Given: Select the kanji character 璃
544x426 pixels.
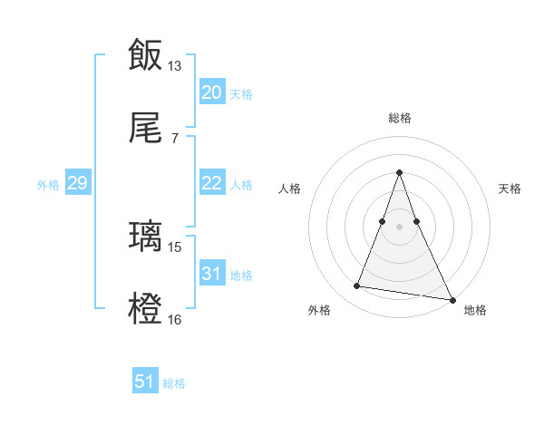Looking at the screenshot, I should coord(146,237).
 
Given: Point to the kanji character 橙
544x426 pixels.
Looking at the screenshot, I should coord(146,308).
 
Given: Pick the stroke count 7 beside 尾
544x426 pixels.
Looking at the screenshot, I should coord(175,138).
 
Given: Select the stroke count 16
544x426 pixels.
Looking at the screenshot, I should coord(175,319).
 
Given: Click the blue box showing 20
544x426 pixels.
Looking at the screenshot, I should coord(211,92).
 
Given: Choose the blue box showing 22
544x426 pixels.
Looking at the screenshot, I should coord(211,183).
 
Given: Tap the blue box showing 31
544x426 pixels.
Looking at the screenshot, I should coord(211,274).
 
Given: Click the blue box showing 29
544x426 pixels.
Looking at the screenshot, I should coord(77,183).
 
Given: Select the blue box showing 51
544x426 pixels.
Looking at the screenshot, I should coord(145,382).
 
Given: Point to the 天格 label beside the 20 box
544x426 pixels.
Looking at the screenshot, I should coord(241,93).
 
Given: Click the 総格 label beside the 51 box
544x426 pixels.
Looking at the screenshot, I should coord(174,383).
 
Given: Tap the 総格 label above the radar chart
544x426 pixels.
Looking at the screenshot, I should coord(400,118).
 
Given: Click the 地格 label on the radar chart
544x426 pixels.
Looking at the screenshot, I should coord(475,310).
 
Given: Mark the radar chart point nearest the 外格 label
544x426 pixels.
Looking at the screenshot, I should coord(357,286).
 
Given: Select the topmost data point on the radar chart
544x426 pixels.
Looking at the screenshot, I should coord(400,172).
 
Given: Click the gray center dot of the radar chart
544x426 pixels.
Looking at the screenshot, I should coord(400,226).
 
